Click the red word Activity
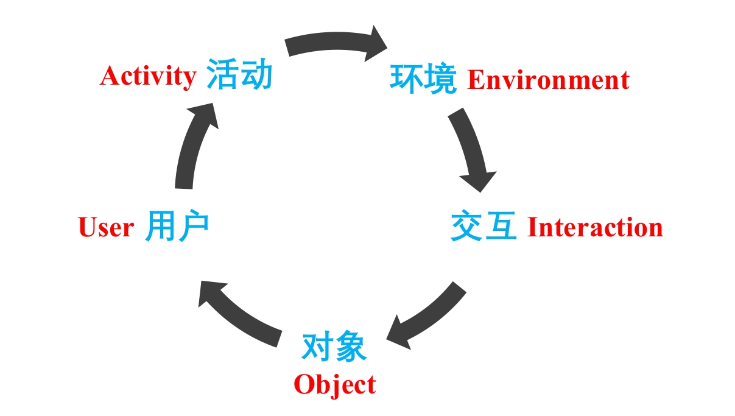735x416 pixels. coord(147,77)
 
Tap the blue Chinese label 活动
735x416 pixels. coord(239,75)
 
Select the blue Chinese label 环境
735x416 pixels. coord(423,79)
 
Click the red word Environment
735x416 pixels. coord(548,80)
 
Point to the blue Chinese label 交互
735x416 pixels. coord(484,227)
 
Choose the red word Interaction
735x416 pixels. coord(594,227)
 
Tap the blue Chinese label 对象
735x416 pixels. coord(334,347)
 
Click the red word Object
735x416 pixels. coord(334,385)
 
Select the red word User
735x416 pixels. coord(106,228)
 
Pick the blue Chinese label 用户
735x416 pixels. coord(177,227)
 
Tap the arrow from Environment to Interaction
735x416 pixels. coord(471,149)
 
